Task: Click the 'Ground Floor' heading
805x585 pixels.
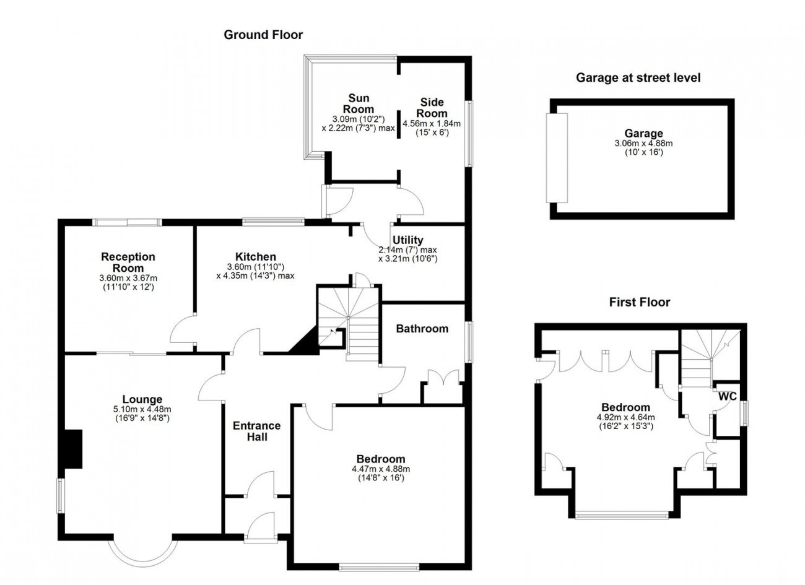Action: click(263, 35)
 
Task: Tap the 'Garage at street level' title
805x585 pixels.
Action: click(638, 77)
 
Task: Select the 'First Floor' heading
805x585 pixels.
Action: click(640, 302)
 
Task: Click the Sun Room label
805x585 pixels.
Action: click(359, 103)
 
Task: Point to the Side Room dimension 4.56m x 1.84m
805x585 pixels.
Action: click(431, 124)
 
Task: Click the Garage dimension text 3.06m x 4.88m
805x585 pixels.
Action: click(643, 144)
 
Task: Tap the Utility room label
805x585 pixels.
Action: click(407, 240)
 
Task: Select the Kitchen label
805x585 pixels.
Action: click(256, 256)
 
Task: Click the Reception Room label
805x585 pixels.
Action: click(128, 262)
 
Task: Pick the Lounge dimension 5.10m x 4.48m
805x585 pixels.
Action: click(142, 409)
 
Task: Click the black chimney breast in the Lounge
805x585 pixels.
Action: click(73, 449)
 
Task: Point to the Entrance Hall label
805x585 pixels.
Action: click(256, 431)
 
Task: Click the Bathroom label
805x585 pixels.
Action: click(422, 329)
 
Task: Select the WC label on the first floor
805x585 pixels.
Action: click(728, 396)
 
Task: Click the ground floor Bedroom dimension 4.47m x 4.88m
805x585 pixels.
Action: click(381, 469)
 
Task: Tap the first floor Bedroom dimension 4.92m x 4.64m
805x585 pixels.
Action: click(625, 418)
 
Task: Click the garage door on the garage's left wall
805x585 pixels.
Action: click(557, 158)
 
